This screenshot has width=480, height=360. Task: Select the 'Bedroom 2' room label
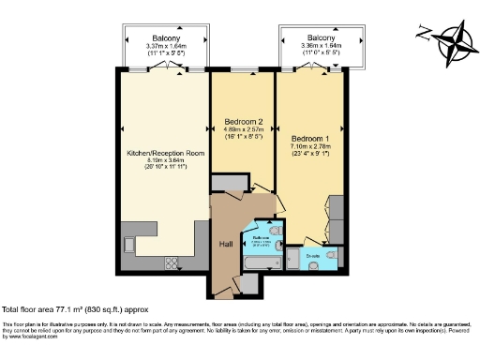tap(242, 121)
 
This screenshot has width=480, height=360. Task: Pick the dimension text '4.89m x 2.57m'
tap(242, 131)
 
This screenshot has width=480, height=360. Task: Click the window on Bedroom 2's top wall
tap(242, 71)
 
